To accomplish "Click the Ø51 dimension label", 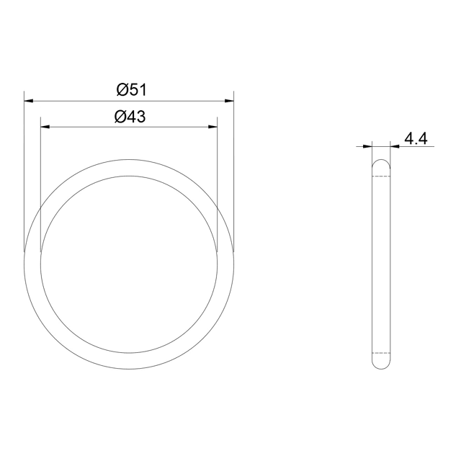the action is (131, 89).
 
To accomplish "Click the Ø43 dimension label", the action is (130, 117).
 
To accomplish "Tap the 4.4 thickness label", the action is (416, 138).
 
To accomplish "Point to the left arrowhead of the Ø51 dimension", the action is (29, 101).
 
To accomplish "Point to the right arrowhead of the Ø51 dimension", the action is (229, 101).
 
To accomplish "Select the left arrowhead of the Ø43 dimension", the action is (45, 127).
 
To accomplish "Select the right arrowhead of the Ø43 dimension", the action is (213, 127).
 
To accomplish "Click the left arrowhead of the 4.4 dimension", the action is (368, 146).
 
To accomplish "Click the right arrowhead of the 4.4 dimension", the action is (395, 146).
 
